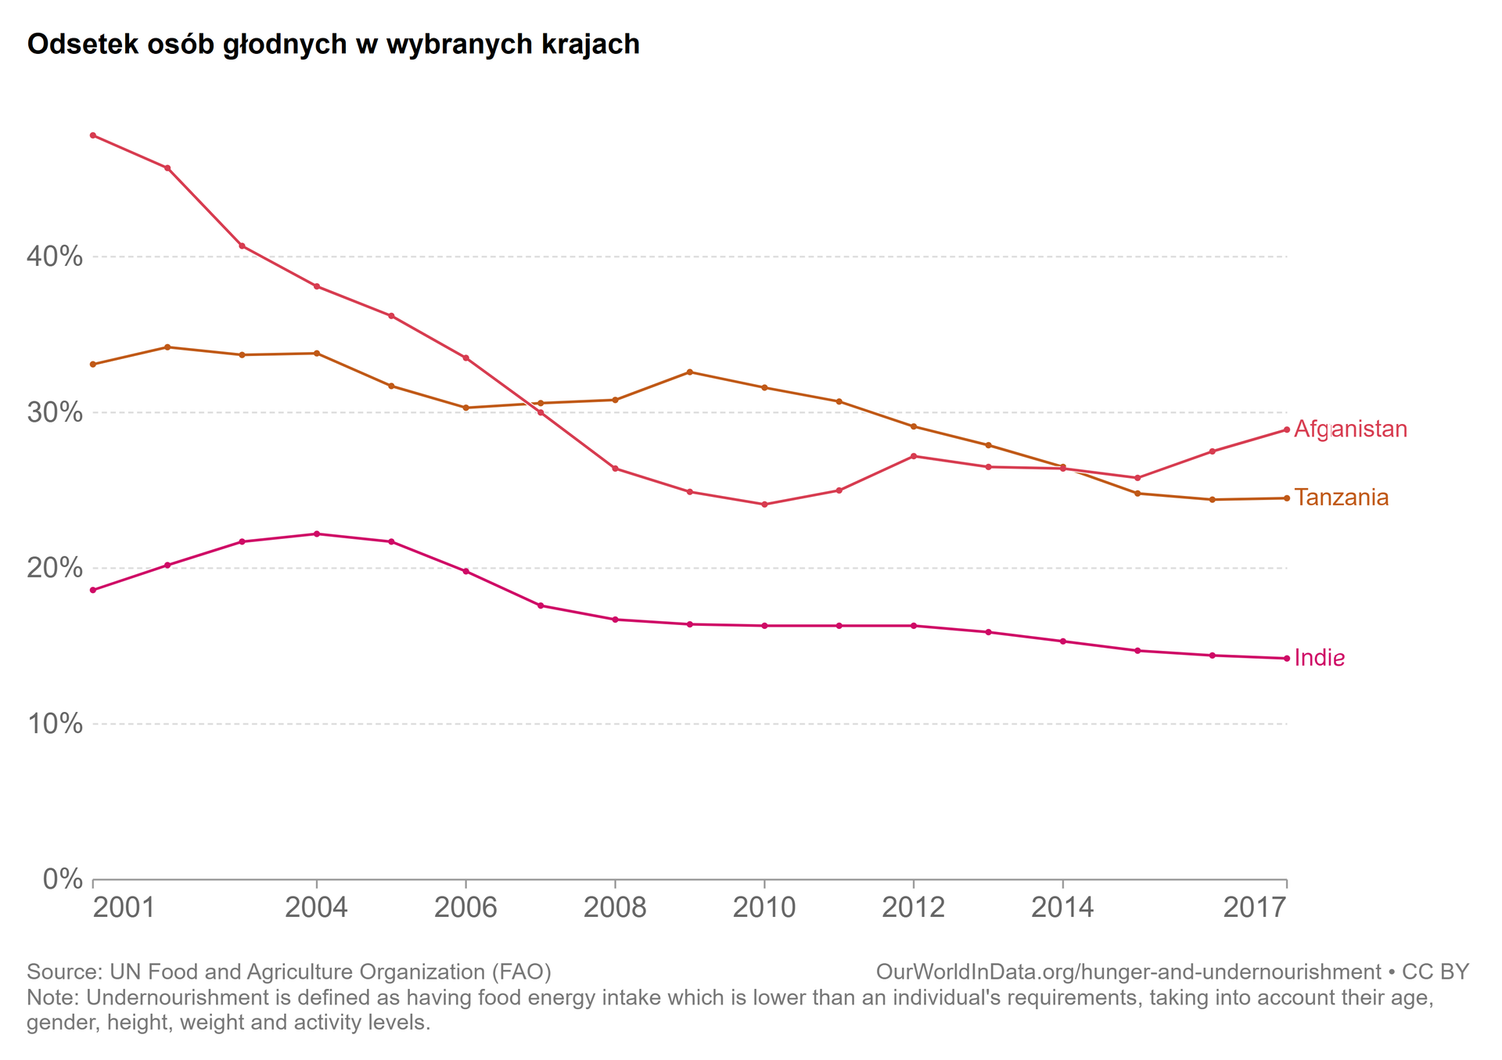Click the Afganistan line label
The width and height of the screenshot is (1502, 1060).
1350,429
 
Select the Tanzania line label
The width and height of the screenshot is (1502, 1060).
1341,498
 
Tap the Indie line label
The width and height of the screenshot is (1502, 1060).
1319,658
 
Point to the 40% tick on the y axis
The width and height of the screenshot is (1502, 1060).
55,257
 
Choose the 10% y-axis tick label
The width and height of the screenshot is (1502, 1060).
55,724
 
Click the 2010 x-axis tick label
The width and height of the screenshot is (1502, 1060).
764,907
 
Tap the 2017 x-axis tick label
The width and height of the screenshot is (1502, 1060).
1254,907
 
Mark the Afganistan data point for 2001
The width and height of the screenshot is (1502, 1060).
93,135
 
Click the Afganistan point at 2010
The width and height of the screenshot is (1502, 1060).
764,505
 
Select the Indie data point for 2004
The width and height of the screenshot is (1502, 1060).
317,534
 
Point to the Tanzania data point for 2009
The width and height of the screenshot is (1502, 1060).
689,372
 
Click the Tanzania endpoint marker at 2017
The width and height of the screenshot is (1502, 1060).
1287,498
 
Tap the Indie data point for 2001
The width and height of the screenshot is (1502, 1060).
93,590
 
